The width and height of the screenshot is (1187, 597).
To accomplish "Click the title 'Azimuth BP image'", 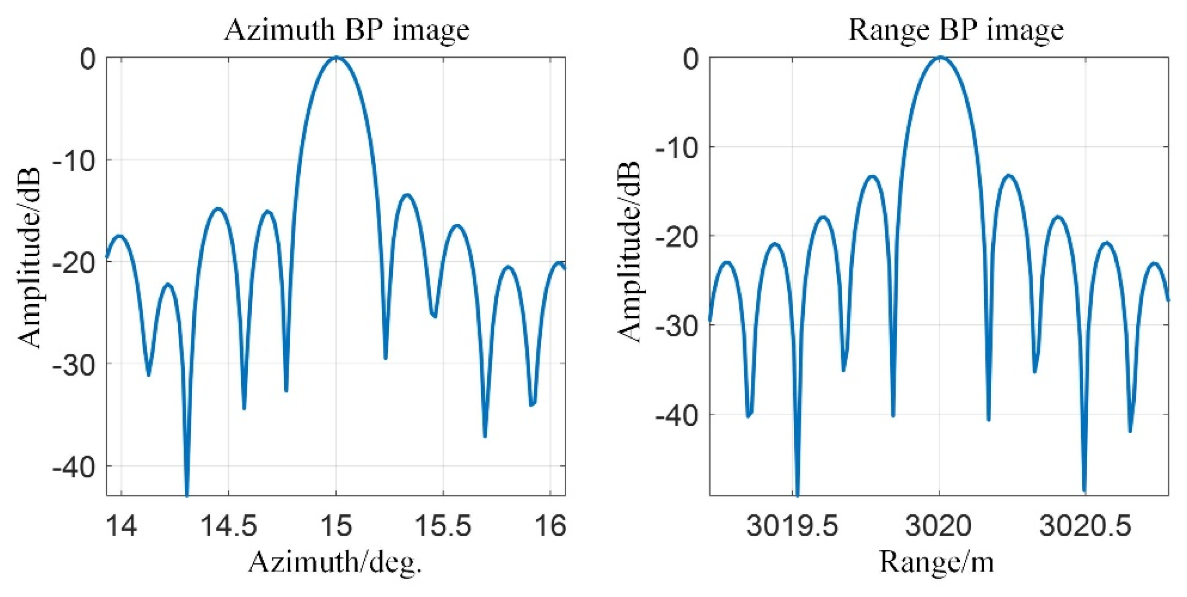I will click(x=346, y=30).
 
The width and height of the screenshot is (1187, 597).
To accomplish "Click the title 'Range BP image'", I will click(x=956, y=30).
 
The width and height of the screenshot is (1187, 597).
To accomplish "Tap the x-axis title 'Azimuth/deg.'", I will click(x=335, y=562).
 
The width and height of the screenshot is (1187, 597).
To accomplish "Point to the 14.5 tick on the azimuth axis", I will click(x=229, y=526).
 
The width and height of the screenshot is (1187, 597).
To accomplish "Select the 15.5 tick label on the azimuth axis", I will click(x=443, y=526).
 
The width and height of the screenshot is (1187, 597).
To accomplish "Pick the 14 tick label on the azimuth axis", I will click(x=121, y=526).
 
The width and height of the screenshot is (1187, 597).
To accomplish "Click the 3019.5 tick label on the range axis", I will click(x=792, y=526).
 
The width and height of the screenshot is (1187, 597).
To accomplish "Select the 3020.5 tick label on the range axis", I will click(x=1085, y=526).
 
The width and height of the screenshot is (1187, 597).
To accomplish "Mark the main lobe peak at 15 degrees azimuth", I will click(x=336, y=57).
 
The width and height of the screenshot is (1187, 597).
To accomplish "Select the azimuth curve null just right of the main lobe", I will click(x=386, y=358).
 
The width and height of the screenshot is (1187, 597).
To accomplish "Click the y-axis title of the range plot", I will click(x=629, y=251).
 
